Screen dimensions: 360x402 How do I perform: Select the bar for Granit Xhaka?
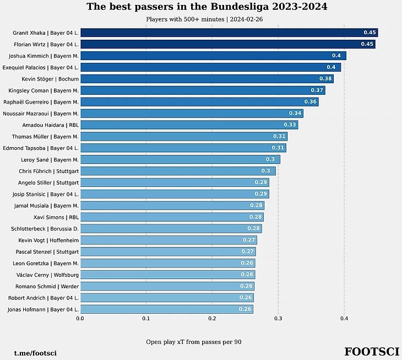coord(229,33)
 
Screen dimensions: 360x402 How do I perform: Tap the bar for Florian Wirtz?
coord(227,44)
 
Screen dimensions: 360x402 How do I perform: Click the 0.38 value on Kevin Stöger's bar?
coord(325,79)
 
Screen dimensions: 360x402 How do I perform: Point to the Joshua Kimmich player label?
coord(44,56)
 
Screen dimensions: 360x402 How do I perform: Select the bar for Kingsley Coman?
coord(202,90)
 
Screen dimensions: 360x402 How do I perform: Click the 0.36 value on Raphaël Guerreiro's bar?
coord(311,102)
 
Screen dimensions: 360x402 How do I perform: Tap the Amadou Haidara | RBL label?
coord(50,125)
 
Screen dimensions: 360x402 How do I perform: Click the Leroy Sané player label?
coord(48,159)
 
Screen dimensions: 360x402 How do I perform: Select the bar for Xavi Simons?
coord(171,217)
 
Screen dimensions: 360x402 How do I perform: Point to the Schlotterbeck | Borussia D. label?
coord(45,229)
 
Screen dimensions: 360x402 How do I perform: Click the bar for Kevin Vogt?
coord(168,240)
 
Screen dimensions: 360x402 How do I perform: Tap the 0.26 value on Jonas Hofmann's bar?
coord(245,309)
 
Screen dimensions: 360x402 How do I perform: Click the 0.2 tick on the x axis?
coord(212,318)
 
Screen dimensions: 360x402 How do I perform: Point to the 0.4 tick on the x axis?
coord(344,318)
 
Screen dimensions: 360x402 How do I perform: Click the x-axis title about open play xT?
coord(193,342)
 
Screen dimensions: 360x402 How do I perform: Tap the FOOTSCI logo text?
coord(372,352)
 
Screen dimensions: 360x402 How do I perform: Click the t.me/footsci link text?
coord(35,353)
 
